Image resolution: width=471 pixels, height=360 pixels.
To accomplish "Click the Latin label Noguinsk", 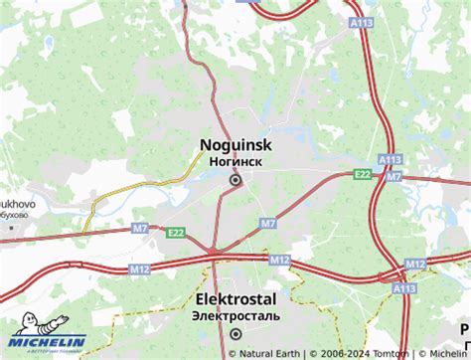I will click(x=235, y=144).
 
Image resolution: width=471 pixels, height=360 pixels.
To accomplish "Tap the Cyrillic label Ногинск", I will click(x=235, y=161).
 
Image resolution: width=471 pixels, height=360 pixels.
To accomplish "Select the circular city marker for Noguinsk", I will click(x=235, y=180).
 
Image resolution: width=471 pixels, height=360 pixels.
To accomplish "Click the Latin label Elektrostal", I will click(x=235, y=298).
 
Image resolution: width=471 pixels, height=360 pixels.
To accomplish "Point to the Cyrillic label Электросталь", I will click(x=236, y=315).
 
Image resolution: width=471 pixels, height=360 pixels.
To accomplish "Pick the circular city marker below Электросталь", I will click(x=235, y=334).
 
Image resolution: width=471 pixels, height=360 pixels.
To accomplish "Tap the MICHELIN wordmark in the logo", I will click(x=48, y=343).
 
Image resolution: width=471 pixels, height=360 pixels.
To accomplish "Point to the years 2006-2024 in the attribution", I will click(x=345, y=352).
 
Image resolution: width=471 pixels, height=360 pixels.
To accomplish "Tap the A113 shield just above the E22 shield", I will click(x=389, y=159).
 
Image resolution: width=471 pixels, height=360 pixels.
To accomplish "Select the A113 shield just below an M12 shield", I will click(x=403, y=287).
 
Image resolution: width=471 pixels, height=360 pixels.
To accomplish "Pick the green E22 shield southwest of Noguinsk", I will click(x=176, y=232).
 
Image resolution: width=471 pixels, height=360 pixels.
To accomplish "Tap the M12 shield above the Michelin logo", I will click(x=139, y=269).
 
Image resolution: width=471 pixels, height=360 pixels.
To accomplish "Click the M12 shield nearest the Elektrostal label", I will click(x=280, y=260).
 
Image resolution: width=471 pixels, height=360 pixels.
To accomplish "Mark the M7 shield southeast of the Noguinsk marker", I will click(x=268, y=224).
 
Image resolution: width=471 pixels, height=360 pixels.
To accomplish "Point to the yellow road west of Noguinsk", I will click(x=139, y=189).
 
